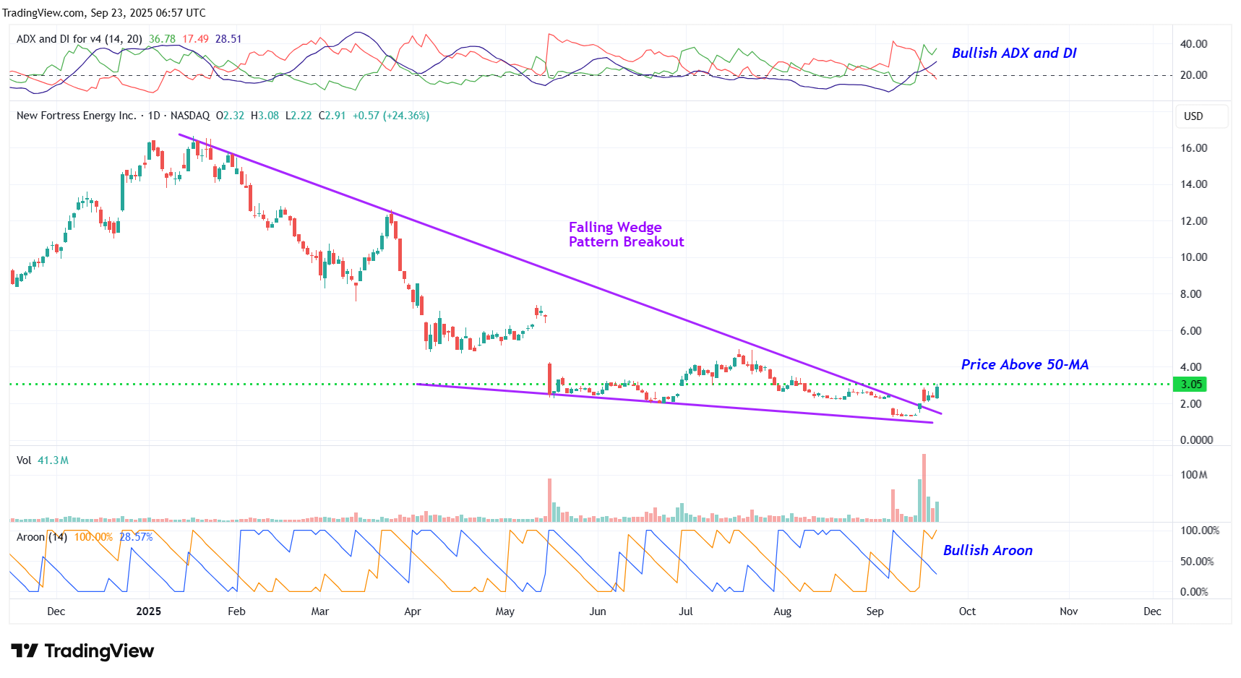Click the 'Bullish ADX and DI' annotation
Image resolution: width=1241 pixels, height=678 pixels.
1013,53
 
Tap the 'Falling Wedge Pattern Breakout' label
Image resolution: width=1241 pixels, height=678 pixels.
626,234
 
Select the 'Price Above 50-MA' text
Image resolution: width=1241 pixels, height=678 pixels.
1024,364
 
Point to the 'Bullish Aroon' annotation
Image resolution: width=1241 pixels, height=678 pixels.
987,550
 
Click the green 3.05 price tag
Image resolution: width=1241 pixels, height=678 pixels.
1190,385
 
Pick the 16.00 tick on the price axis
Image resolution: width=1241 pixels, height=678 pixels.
1193,148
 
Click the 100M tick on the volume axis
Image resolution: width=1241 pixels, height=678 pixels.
1193,475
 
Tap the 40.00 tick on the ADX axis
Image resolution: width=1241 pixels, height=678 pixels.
1193,44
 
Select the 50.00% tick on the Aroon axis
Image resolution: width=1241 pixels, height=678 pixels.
1196,562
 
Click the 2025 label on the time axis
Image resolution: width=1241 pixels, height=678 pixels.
148,612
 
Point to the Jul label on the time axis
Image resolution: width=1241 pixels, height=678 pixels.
685,612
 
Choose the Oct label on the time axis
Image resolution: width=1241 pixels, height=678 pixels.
967,612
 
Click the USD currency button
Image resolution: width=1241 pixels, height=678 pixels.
1193,116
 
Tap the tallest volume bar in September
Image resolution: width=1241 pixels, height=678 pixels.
924,488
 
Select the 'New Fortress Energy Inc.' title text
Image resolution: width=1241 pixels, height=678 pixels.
76,116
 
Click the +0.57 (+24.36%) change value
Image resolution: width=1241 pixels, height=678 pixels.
390,116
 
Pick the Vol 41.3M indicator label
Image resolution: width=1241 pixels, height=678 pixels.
43,460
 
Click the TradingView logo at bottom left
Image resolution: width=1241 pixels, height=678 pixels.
82,651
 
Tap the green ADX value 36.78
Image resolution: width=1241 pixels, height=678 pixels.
162,39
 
